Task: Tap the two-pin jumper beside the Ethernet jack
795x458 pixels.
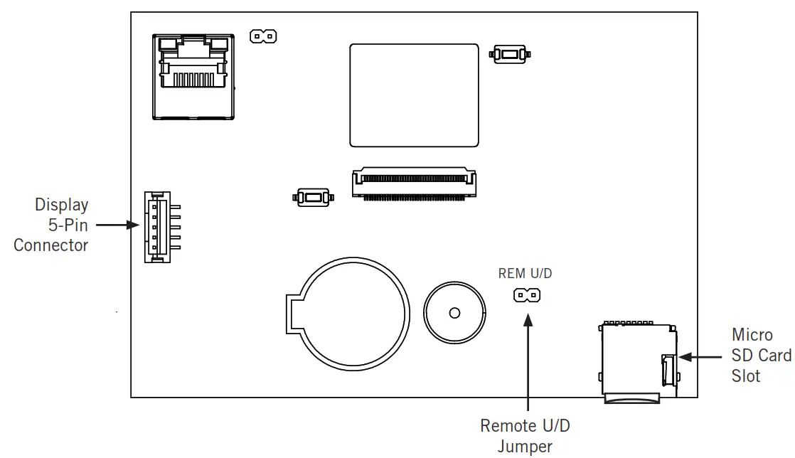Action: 263,36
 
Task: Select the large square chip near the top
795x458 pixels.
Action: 414,95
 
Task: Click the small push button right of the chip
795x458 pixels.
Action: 509,53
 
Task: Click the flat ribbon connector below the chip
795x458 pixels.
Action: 414,183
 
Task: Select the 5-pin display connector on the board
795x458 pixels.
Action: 158,226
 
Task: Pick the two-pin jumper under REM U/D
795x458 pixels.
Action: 527,294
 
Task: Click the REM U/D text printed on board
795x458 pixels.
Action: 525,273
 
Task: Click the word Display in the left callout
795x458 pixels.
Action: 62,206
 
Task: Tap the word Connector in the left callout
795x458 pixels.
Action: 51,246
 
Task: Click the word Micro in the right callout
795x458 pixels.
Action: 752,335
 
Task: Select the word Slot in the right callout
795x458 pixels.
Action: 746,376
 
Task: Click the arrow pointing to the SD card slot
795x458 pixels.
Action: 701,356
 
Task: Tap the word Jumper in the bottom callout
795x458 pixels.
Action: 525,447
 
